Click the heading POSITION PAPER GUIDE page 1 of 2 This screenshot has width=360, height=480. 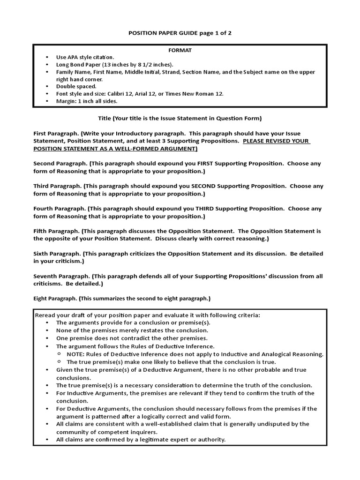(180, 34)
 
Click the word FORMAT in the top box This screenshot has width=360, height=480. (180, 49)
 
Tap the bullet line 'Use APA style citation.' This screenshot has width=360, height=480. (85, 57)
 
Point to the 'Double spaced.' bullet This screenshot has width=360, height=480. (76, 86)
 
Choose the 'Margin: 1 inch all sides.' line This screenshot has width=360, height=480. (87, 101)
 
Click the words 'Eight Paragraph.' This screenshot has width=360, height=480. (55, 298)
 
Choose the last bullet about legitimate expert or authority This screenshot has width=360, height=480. (141, 439)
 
